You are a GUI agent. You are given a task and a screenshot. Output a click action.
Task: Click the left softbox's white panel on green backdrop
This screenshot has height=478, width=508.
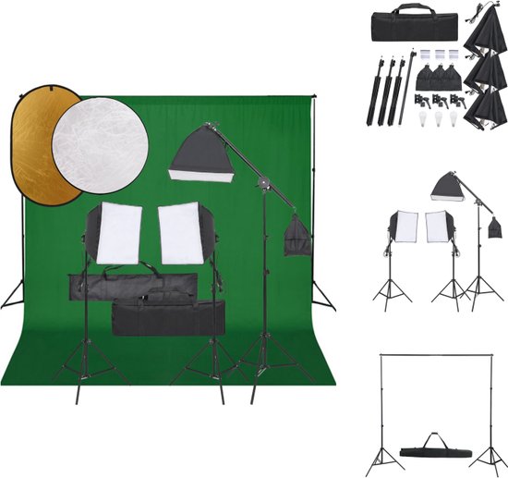[119, 233]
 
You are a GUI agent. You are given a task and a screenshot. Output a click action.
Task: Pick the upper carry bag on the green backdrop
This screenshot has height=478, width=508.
[133, 286]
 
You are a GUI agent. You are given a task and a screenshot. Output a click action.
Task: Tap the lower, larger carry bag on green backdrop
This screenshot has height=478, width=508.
[168, 316]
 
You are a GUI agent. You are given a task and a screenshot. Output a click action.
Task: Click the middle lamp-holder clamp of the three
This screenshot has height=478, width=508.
[434, 99]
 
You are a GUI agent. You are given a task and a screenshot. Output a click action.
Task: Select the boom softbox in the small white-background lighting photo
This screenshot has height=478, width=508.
[446, 187]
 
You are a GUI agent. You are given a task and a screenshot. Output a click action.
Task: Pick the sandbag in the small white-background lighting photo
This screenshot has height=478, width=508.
[494, 227]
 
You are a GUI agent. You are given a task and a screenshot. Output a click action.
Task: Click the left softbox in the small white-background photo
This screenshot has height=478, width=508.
[405, 227]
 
